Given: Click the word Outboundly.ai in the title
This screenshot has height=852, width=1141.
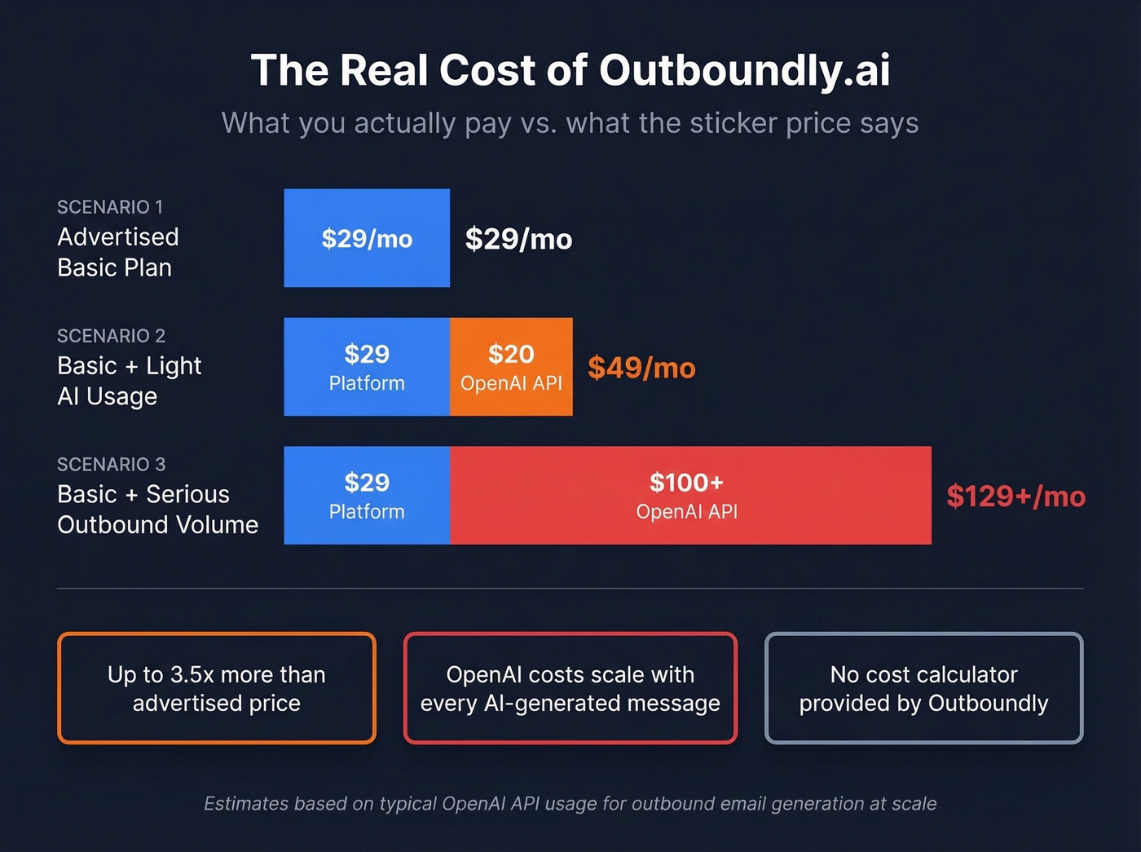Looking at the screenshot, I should tap(744, 70).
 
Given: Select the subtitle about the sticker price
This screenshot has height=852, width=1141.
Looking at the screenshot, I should tap(570, 123).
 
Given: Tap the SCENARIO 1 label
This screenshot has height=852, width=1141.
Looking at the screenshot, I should tap(110, 207).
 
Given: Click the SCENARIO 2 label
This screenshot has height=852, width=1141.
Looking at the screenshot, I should tap(111, 336).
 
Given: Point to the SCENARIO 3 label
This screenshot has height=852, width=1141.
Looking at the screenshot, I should tap(111, 465).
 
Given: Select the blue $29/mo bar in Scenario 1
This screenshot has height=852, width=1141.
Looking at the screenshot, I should tap(367, 238).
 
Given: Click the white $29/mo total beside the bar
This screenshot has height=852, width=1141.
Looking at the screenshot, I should tap(518, 239).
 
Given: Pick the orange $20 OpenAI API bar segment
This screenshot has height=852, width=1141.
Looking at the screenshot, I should tap(511, 367).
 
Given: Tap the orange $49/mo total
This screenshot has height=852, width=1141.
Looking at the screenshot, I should tap(641, 368).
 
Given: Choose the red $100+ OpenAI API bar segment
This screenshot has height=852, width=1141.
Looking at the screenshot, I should tap(689, 495).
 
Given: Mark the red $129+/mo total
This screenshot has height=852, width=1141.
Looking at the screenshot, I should tap(1015, 497).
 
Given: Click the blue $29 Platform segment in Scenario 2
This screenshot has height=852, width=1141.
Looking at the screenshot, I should tap(367, 367).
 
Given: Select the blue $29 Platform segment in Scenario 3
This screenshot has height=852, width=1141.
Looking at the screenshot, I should tap(367, 495).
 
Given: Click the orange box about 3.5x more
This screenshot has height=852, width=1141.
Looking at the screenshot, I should tap(217, 688).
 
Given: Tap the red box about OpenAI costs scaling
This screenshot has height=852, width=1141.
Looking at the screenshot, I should tap(570, 688).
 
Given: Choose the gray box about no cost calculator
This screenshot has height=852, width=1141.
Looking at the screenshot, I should tap(923, 688).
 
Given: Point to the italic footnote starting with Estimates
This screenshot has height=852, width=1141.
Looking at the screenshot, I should tap(570, 804).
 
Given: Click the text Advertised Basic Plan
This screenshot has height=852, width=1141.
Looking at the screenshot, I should tap(118, 252).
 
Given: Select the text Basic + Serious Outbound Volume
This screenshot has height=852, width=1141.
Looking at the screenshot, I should tap(157, 510).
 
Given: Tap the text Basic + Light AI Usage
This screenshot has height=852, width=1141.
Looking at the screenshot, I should tap(129, 381).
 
